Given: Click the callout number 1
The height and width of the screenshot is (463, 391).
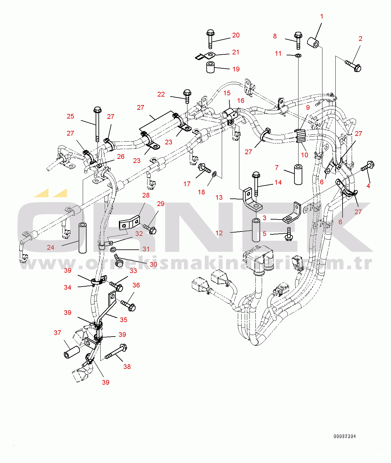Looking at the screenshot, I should click(x=321, y=16).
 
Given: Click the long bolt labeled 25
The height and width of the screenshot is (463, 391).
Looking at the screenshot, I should click(x=98, y=124).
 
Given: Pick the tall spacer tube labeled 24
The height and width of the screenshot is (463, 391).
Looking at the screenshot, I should click(x=83, y=238).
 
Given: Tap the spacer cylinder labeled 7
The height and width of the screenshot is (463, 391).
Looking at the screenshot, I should click(x=298, y=174).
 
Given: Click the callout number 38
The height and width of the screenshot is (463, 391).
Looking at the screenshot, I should click(x=127, y=366).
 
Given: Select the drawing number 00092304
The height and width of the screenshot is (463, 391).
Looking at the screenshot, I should click(x=345, y=436).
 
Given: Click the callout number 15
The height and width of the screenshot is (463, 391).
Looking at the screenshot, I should click(x=227, y=93).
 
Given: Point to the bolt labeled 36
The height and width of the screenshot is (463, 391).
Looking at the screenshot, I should click(x=128, y=305).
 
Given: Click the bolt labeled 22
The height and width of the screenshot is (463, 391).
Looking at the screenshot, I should click(x=187, y=96).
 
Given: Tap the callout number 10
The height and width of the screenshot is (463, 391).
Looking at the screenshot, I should click(x=304, y=155).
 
